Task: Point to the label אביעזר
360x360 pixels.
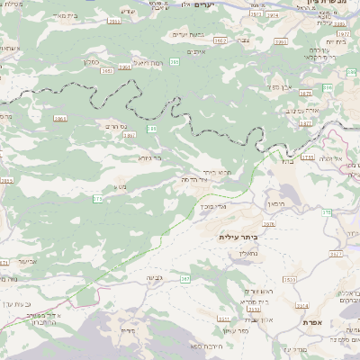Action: click(x=28, y=261)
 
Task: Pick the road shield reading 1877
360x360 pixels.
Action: click(x=306, y=123)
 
